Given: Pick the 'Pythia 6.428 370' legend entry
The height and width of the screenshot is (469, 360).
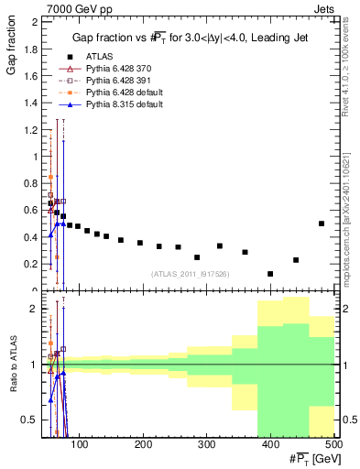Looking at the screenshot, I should (x=109, y=68).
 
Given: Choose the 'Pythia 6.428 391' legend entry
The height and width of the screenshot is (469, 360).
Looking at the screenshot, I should (x=109, y=81).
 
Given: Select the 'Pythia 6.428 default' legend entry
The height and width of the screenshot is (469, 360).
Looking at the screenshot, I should (x=114, y=93).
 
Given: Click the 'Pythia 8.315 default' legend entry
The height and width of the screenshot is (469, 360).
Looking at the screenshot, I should (x=114, y=105).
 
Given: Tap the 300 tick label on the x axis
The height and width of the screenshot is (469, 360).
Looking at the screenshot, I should (x=207, y=444).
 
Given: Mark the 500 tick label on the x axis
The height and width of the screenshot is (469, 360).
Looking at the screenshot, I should (x=333, y=444).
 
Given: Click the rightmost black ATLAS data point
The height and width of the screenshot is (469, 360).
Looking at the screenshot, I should (x=321, y=224).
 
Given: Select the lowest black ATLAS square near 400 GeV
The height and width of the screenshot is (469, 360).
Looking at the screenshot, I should (x=270, y=274).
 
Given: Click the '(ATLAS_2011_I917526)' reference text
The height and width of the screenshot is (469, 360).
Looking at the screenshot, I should (x=189, y=273).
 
